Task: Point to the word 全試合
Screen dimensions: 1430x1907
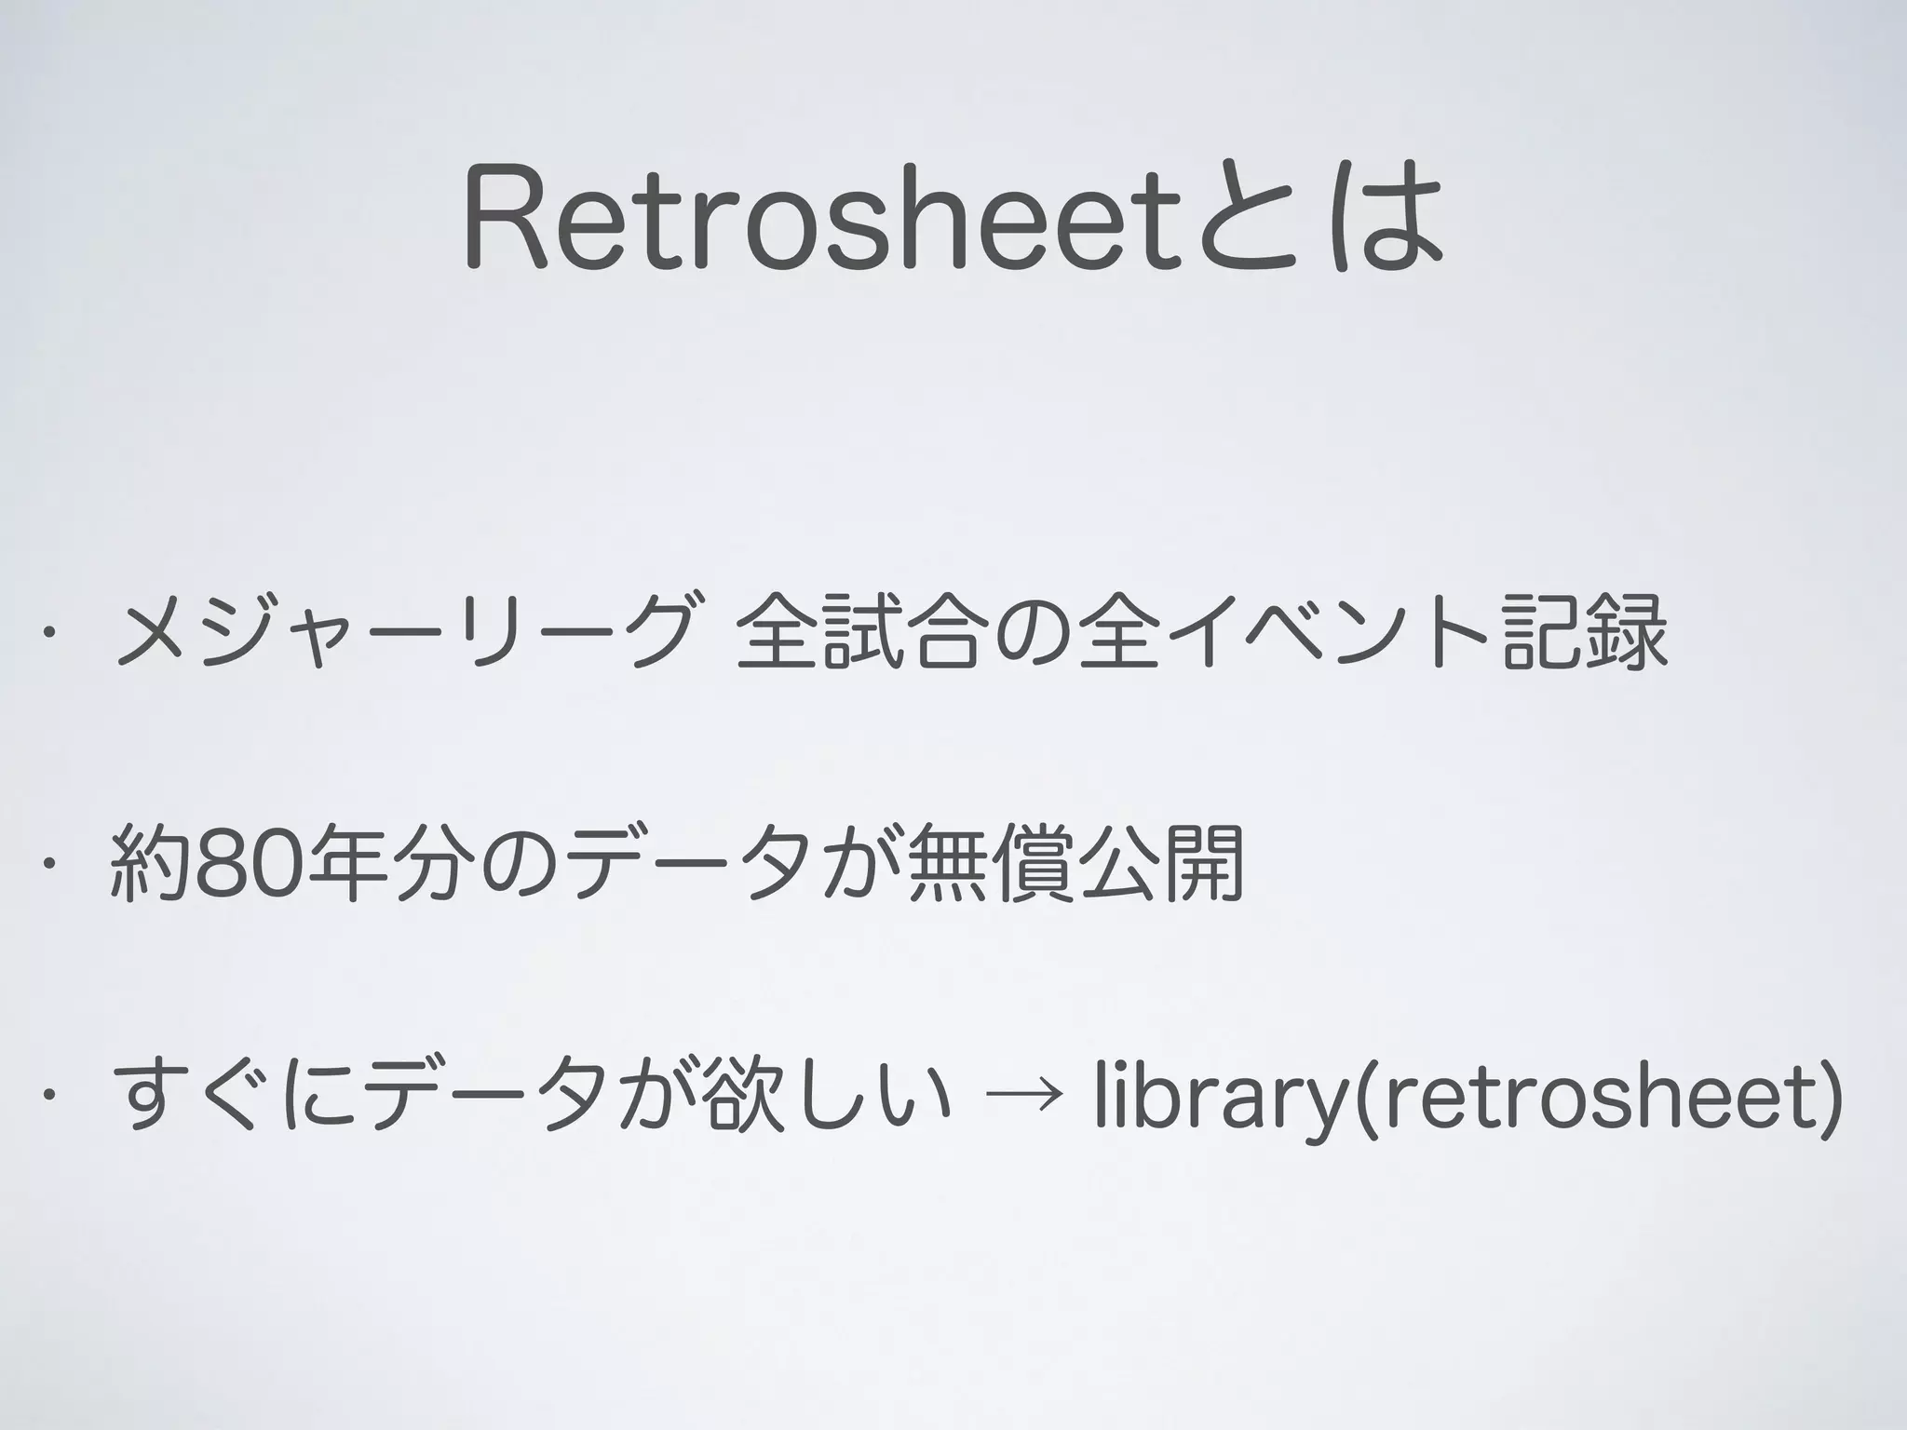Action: pos(858,633)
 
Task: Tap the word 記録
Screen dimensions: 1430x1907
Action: pos(1585,633)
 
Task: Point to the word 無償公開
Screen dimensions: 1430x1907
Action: pos(1075,864)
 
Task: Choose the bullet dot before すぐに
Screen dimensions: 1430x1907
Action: pos(43,1096)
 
